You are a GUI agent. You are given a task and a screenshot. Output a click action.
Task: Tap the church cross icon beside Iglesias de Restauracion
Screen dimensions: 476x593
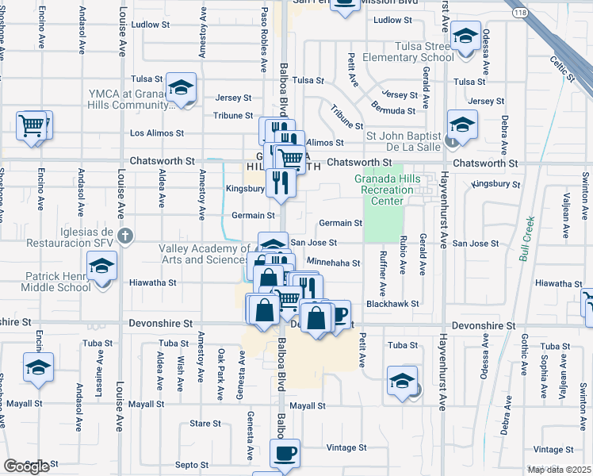124,236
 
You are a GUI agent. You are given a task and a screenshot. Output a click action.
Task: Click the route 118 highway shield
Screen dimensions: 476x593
519,13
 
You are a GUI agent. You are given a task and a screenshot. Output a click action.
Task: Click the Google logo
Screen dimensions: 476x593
26,466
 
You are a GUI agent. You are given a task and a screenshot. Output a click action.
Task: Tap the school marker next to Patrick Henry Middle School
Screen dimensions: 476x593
101,267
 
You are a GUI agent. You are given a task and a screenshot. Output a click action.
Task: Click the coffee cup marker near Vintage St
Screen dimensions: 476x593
285,454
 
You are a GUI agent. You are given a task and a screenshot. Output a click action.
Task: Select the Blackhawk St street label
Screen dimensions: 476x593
392,304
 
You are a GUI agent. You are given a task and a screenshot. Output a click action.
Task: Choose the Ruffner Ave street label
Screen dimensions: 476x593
383,276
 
